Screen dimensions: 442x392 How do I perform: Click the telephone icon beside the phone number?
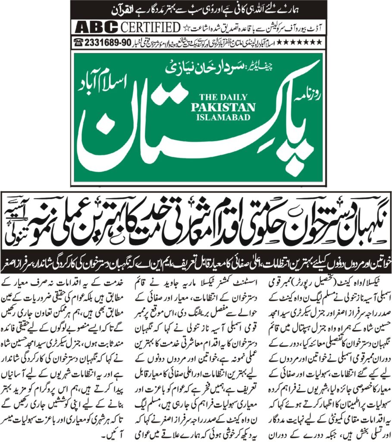point(79,42)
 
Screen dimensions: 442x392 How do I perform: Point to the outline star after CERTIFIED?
point(186,28)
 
